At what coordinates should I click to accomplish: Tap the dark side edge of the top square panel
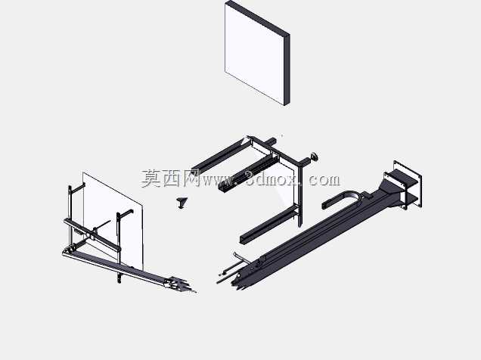tap(287, 70)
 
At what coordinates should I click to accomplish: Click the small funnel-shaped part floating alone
tap(182, 203)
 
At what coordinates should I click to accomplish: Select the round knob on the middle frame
tap(315, 157)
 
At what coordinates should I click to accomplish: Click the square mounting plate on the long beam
tap(408, 185)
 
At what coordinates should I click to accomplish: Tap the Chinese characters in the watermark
tap(171, 178)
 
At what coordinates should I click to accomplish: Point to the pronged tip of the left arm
tap(182, 285)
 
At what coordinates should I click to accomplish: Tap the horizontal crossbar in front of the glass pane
tap(92, 234)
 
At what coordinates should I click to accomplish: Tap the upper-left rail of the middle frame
tap(219, 156)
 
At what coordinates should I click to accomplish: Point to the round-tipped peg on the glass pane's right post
tap(126, 214)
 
